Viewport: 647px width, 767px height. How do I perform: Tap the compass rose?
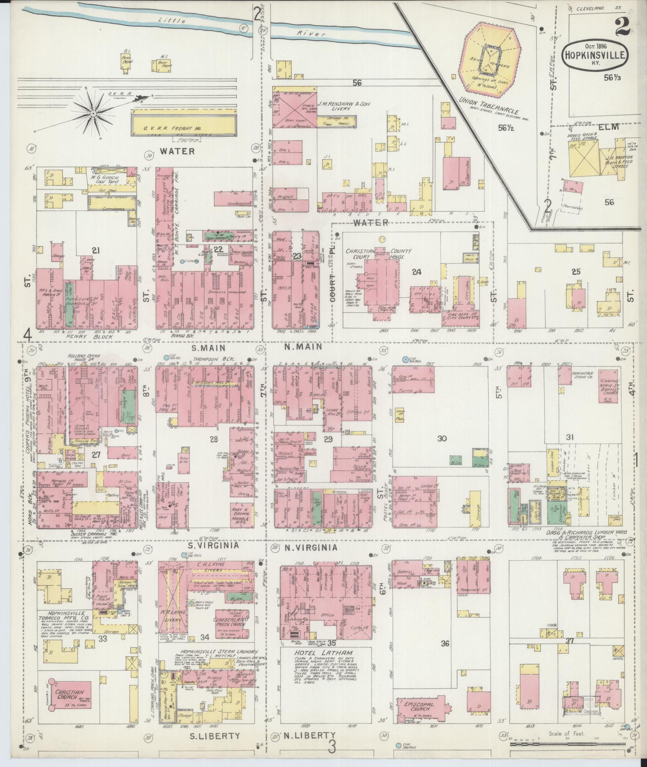[93, 114]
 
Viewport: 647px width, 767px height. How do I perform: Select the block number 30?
[441, 439]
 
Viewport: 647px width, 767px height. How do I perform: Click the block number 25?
[576, 272]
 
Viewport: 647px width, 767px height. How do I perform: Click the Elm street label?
[609, 127]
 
